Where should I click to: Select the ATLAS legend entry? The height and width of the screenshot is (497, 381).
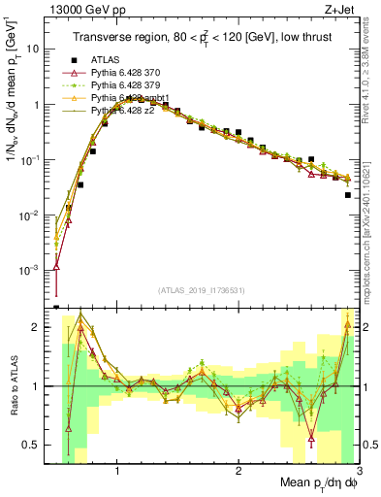tap(104, 59)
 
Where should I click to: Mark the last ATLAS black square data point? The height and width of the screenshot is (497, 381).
tap(348, 195)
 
